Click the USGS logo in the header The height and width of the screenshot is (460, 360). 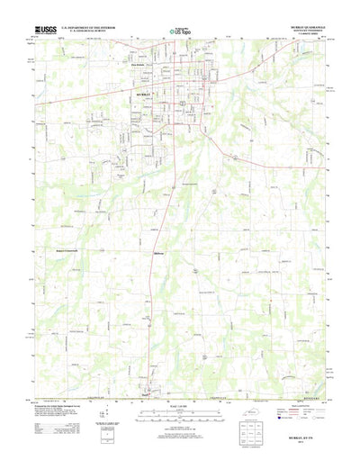[46, 31]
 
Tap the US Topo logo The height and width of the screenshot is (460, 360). [179, 32]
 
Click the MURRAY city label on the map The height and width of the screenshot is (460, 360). [148, 93]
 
